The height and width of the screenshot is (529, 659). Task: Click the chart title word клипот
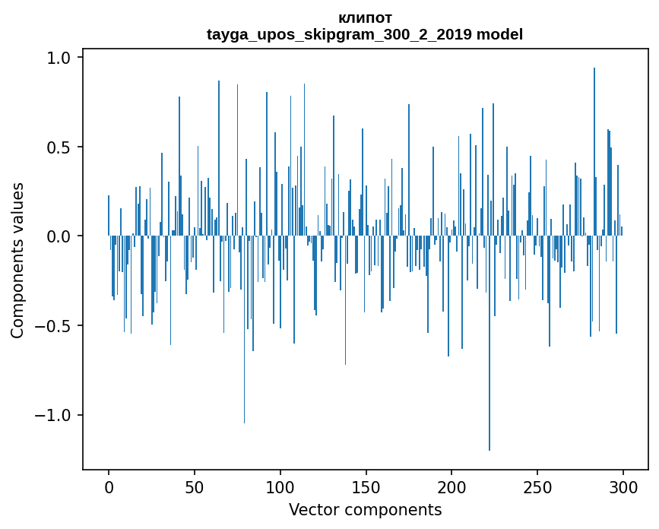pyautogui.click(x=365, y=18)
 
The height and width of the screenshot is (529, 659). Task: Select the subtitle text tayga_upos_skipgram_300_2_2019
pyautogui.click(x=339, y=34)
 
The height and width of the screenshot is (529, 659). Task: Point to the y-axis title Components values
pyautogui.click(x=17, y=260)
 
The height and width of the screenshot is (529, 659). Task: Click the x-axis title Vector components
pyautogui.click(x=365, y=510)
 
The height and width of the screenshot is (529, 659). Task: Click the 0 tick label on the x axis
pyautogui.click(x=109, y=486)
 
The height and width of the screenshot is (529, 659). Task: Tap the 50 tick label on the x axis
pyautogui.click(x=195, y=486)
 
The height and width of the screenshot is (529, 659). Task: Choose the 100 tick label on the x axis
pyautogui.click(x=280, y=486)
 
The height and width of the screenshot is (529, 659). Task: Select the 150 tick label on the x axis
pyautogui.click(x=366, y=486)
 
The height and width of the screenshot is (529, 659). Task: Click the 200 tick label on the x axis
pyautogui.click(x=452, y=486)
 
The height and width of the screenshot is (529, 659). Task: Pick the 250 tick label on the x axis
pyautogui.click(x=538, y=486)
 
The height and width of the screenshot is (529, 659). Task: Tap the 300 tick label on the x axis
pyautogui.click(x=623, y=486)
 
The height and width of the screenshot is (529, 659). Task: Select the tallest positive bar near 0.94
pyautogui.click(x=594, y=152)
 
